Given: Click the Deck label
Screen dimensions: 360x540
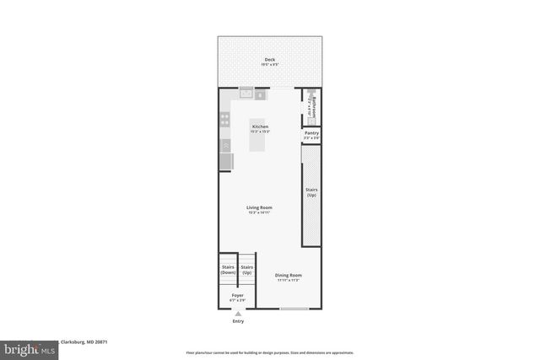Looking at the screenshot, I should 269,60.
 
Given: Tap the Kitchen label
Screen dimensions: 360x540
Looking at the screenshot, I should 260,126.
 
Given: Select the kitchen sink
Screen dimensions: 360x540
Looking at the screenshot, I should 246,94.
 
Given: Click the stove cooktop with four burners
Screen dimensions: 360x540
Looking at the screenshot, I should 225,121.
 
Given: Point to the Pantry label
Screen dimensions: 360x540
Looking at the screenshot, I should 311,133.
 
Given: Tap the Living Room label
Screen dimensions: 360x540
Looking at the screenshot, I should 259,207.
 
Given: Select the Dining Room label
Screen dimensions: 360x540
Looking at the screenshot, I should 289,276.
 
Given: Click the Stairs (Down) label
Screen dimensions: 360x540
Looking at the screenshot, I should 228,270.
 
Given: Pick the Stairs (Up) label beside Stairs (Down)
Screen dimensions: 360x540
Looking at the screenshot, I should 247,270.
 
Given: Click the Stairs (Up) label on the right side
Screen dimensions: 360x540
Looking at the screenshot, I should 311,192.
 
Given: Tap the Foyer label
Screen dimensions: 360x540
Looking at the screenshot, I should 238,296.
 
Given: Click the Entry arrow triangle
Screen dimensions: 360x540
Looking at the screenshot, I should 238,314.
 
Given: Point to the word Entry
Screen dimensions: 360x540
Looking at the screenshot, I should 238,321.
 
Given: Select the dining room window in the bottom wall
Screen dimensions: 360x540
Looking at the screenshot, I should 294,309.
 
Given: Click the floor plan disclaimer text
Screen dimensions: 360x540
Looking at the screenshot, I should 269,352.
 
